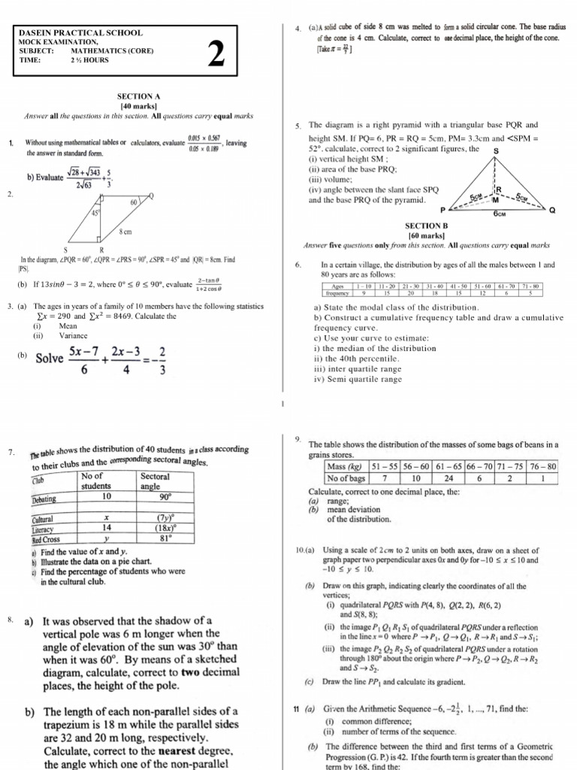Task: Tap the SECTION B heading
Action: pyautogui.click(x=426, y=226)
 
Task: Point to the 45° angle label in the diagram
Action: pyautogui.click(x=96, y=212)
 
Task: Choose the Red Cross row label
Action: pyautogui.click(x=47, y=540)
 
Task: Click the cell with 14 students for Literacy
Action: pyautogui.click(x=106, y=529)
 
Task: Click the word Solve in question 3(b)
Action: pyautogui.click(x=49, y=358)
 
